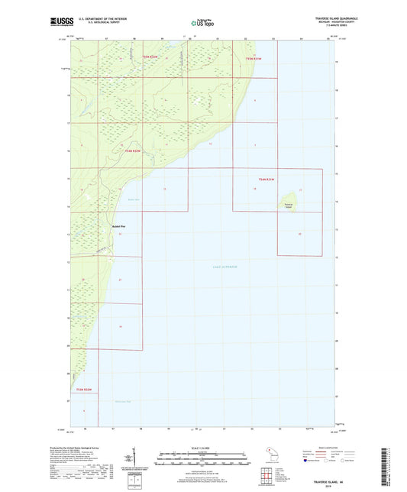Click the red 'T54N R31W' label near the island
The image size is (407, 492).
265,179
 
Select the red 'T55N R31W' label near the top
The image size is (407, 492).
254,58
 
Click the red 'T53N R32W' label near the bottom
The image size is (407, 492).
83,390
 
